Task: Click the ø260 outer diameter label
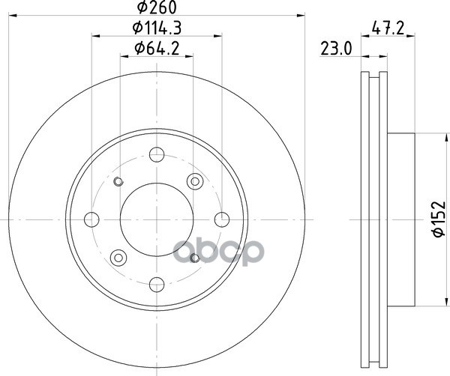[157, 7]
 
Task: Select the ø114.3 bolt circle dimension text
[157, 28]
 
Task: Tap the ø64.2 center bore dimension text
[157, 49]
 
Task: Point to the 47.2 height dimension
[388, 28]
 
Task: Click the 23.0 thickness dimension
[336, 49]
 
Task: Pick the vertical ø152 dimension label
[439, 219]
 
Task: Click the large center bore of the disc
[157, 219]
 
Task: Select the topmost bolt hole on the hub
[157, 155]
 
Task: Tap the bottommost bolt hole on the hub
[157, 285]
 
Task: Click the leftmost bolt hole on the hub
[91, 219]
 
